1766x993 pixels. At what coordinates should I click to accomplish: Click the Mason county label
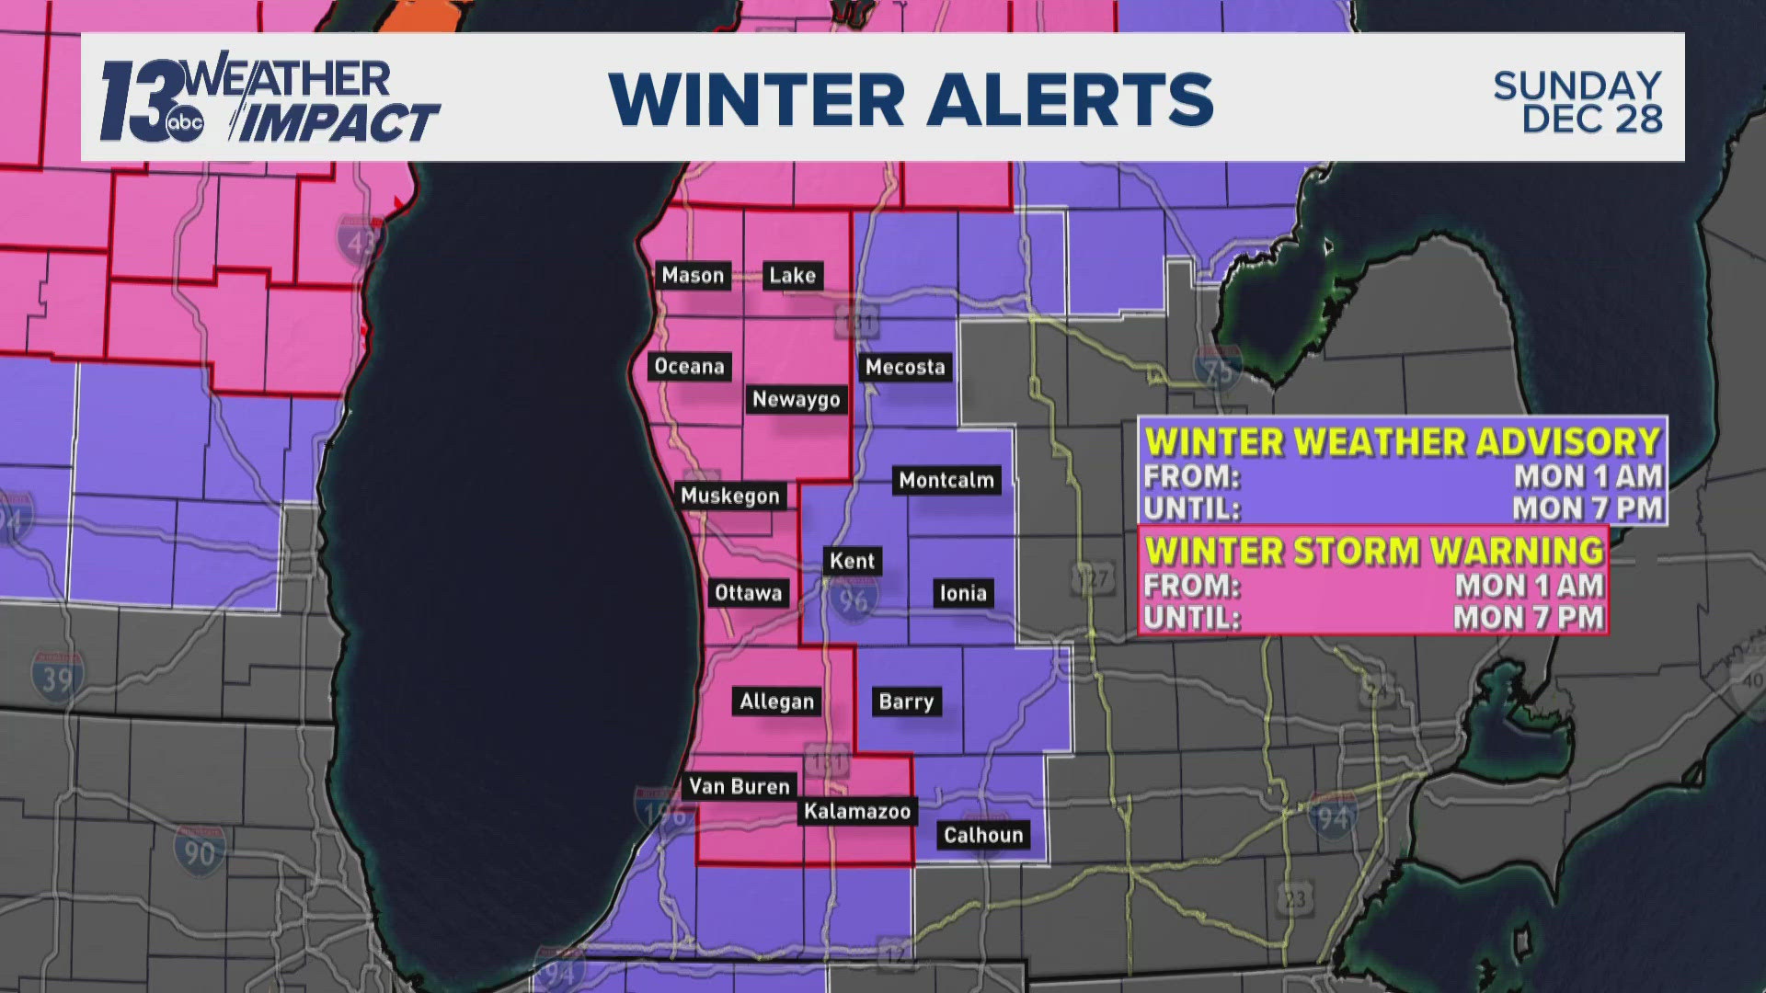pos(693,275)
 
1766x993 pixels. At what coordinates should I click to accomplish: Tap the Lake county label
pos(792,275)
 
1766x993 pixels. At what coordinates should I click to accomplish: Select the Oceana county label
pos(689,366)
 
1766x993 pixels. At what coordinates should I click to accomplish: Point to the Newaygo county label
pos(796,399)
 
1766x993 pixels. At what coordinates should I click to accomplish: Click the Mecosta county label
pos(905,367)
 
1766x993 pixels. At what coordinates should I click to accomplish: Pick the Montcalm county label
pos(946,479)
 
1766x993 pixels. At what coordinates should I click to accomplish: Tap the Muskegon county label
pos(729,496)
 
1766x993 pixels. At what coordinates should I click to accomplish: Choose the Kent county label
pos(852,561)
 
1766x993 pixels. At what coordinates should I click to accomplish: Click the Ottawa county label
pos(748,593)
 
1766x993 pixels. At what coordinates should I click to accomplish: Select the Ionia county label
pos(963,593)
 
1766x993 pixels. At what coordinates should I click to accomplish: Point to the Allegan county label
pos(777,702)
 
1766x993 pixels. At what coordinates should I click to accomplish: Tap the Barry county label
pos(906,702)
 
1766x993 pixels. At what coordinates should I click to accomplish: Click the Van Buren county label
pos(740,786)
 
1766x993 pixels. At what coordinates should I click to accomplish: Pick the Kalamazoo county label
pos(856,811)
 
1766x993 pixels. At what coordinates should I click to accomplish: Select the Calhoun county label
pos(983,835)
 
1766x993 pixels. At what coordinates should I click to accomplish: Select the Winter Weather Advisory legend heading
pos(1403,442)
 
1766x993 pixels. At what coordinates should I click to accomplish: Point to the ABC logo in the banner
pos(185,127)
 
